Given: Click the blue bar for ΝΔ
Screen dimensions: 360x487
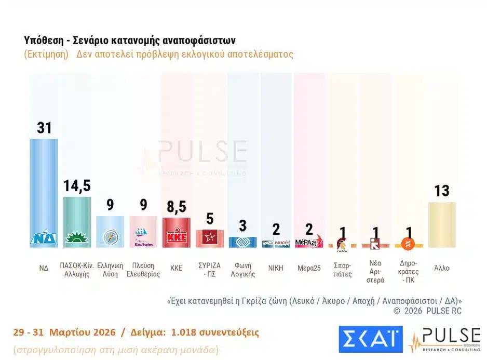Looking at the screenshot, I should (x=44, y=187).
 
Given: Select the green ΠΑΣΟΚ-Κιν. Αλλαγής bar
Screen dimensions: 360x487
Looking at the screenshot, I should (x=77, y=218).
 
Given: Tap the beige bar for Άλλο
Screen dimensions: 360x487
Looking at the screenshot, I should (x=442, y=223).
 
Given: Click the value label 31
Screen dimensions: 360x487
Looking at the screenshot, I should (x=44, y=127).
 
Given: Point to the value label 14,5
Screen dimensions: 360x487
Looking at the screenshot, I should (x=77, y=185).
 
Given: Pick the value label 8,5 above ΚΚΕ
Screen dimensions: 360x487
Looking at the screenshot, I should (x=177, y=207).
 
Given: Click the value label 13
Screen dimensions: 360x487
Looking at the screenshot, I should (x=442, y=191).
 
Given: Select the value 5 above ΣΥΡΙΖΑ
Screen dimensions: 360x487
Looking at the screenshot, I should (x=210, y=219).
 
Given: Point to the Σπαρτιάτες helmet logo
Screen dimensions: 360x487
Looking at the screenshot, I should (x=342, y=243).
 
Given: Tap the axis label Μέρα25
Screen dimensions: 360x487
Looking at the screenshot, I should (x=309, y=269).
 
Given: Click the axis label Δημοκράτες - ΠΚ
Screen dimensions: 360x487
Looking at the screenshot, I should (x=409, y=271).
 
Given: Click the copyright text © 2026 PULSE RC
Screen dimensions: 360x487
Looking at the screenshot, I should (x=427, y=311).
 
